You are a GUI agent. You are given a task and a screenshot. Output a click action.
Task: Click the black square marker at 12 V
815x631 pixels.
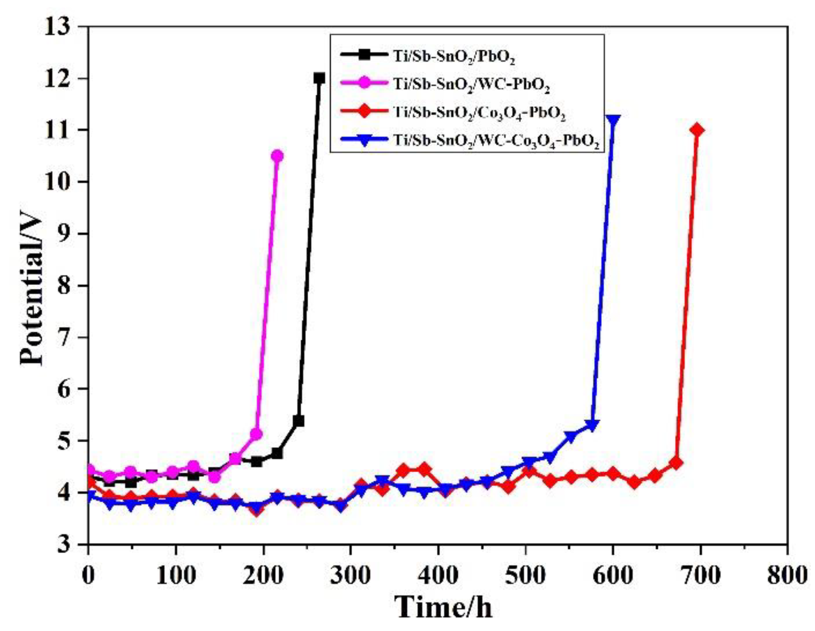tap(319, 78)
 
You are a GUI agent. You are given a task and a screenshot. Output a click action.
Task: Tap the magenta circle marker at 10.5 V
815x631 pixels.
tap(277, 156)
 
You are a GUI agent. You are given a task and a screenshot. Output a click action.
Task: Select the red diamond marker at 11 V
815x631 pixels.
tap(697, 130)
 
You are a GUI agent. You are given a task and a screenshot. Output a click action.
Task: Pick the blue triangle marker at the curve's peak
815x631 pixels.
tap(613, 120)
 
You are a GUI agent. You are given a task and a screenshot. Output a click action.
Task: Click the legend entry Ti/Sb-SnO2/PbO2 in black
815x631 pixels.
tap(453, 56)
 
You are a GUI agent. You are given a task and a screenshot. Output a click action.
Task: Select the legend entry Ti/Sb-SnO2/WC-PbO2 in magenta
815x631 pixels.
tap(471, 84)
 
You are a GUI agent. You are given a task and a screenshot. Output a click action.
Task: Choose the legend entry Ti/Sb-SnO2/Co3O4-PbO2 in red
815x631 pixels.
tap(479, 112)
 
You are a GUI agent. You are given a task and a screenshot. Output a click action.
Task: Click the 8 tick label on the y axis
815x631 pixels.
tap(64, 285)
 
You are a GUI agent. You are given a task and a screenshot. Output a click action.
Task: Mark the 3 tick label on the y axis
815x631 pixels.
tap(64, 544)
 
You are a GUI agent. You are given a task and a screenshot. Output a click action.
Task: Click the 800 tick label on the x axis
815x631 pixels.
tap(787, 575)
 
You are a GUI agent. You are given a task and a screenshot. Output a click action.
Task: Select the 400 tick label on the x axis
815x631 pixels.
tap(437, 575)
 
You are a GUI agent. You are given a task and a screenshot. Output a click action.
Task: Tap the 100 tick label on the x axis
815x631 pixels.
tap(175, 575)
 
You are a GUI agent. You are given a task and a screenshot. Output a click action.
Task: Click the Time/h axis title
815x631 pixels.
tap(443, 607)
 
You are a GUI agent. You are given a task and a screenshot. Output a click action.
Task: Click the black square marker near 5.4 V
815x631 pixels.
tap(298, 421)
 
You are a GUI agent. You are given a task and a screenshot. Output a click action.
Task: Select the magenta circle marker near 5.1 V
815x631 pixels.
tap(256, 434)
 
